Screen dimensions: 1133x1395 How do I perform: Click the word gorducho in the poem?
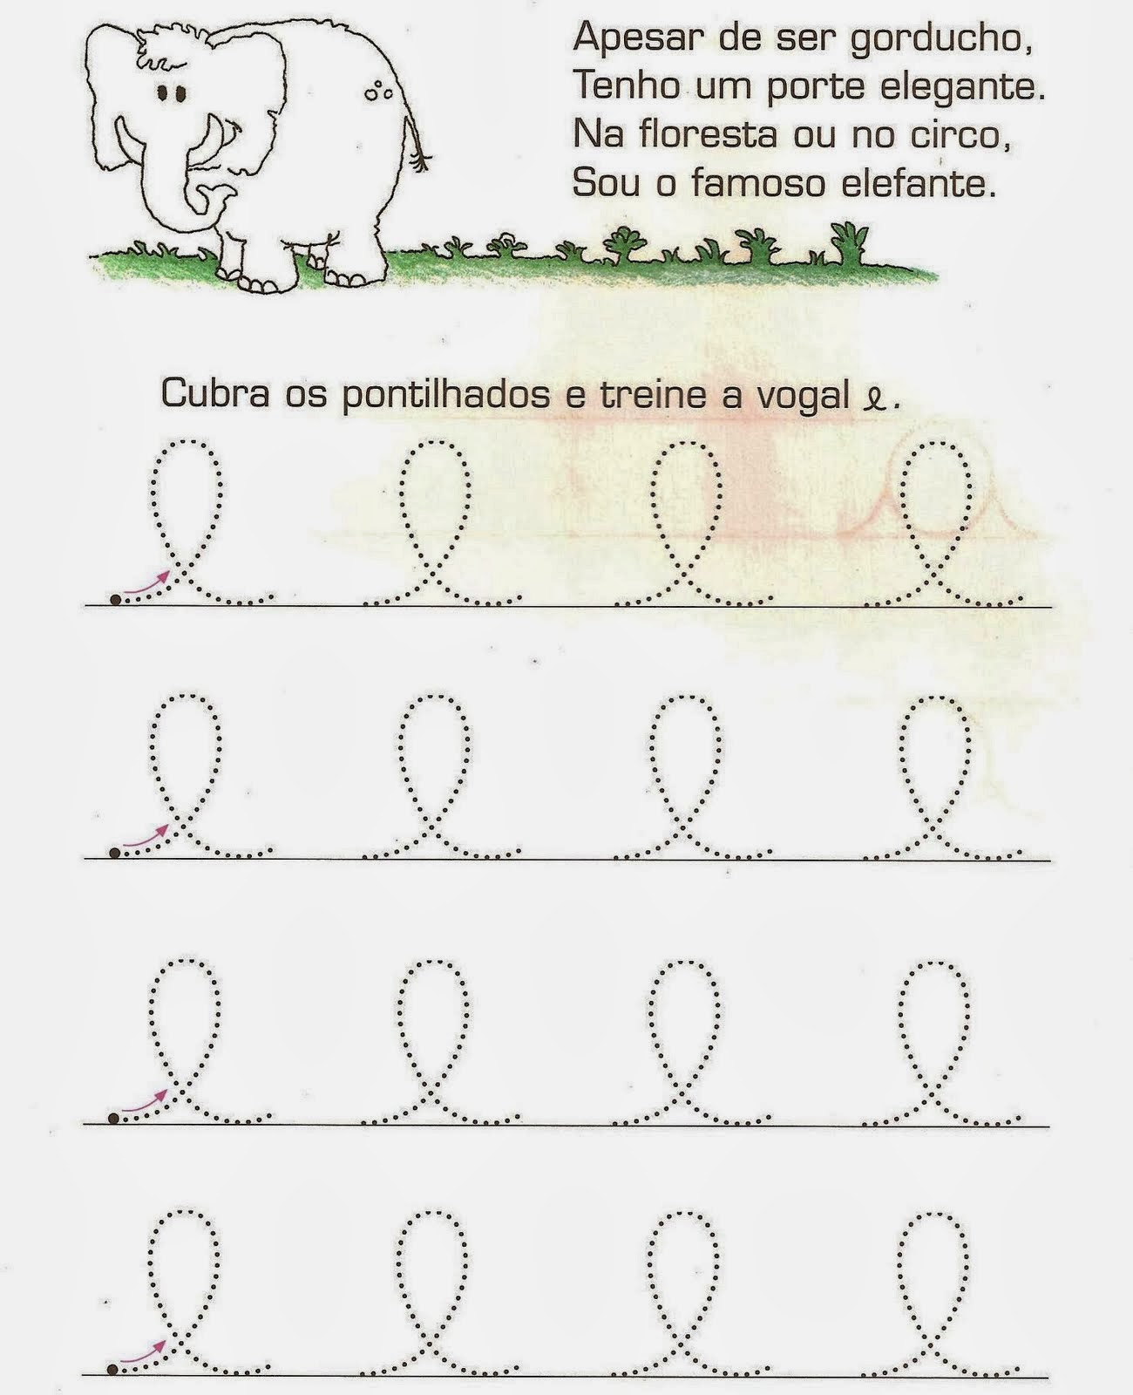[x=941, y=38]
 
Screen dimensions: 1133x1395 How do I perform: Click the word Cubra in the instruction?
[x=215, y=393]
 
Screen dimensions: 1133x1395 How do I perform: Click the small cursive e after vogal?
[x=874, y=399]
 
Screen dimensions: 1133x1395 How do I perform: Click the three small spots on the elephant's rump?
[x=377, y=92]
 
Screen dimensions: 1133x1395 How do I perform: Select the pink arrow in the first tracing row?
[x=146, y=582]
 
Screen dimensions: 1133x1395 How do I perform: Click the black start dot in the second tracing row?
[x=114, y=853]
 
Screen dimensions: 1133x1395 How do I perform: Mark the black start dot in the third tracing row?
[x=113, y=1118]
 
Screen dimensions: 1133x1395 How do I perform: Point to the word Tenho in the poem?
[x=627, y=85]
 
